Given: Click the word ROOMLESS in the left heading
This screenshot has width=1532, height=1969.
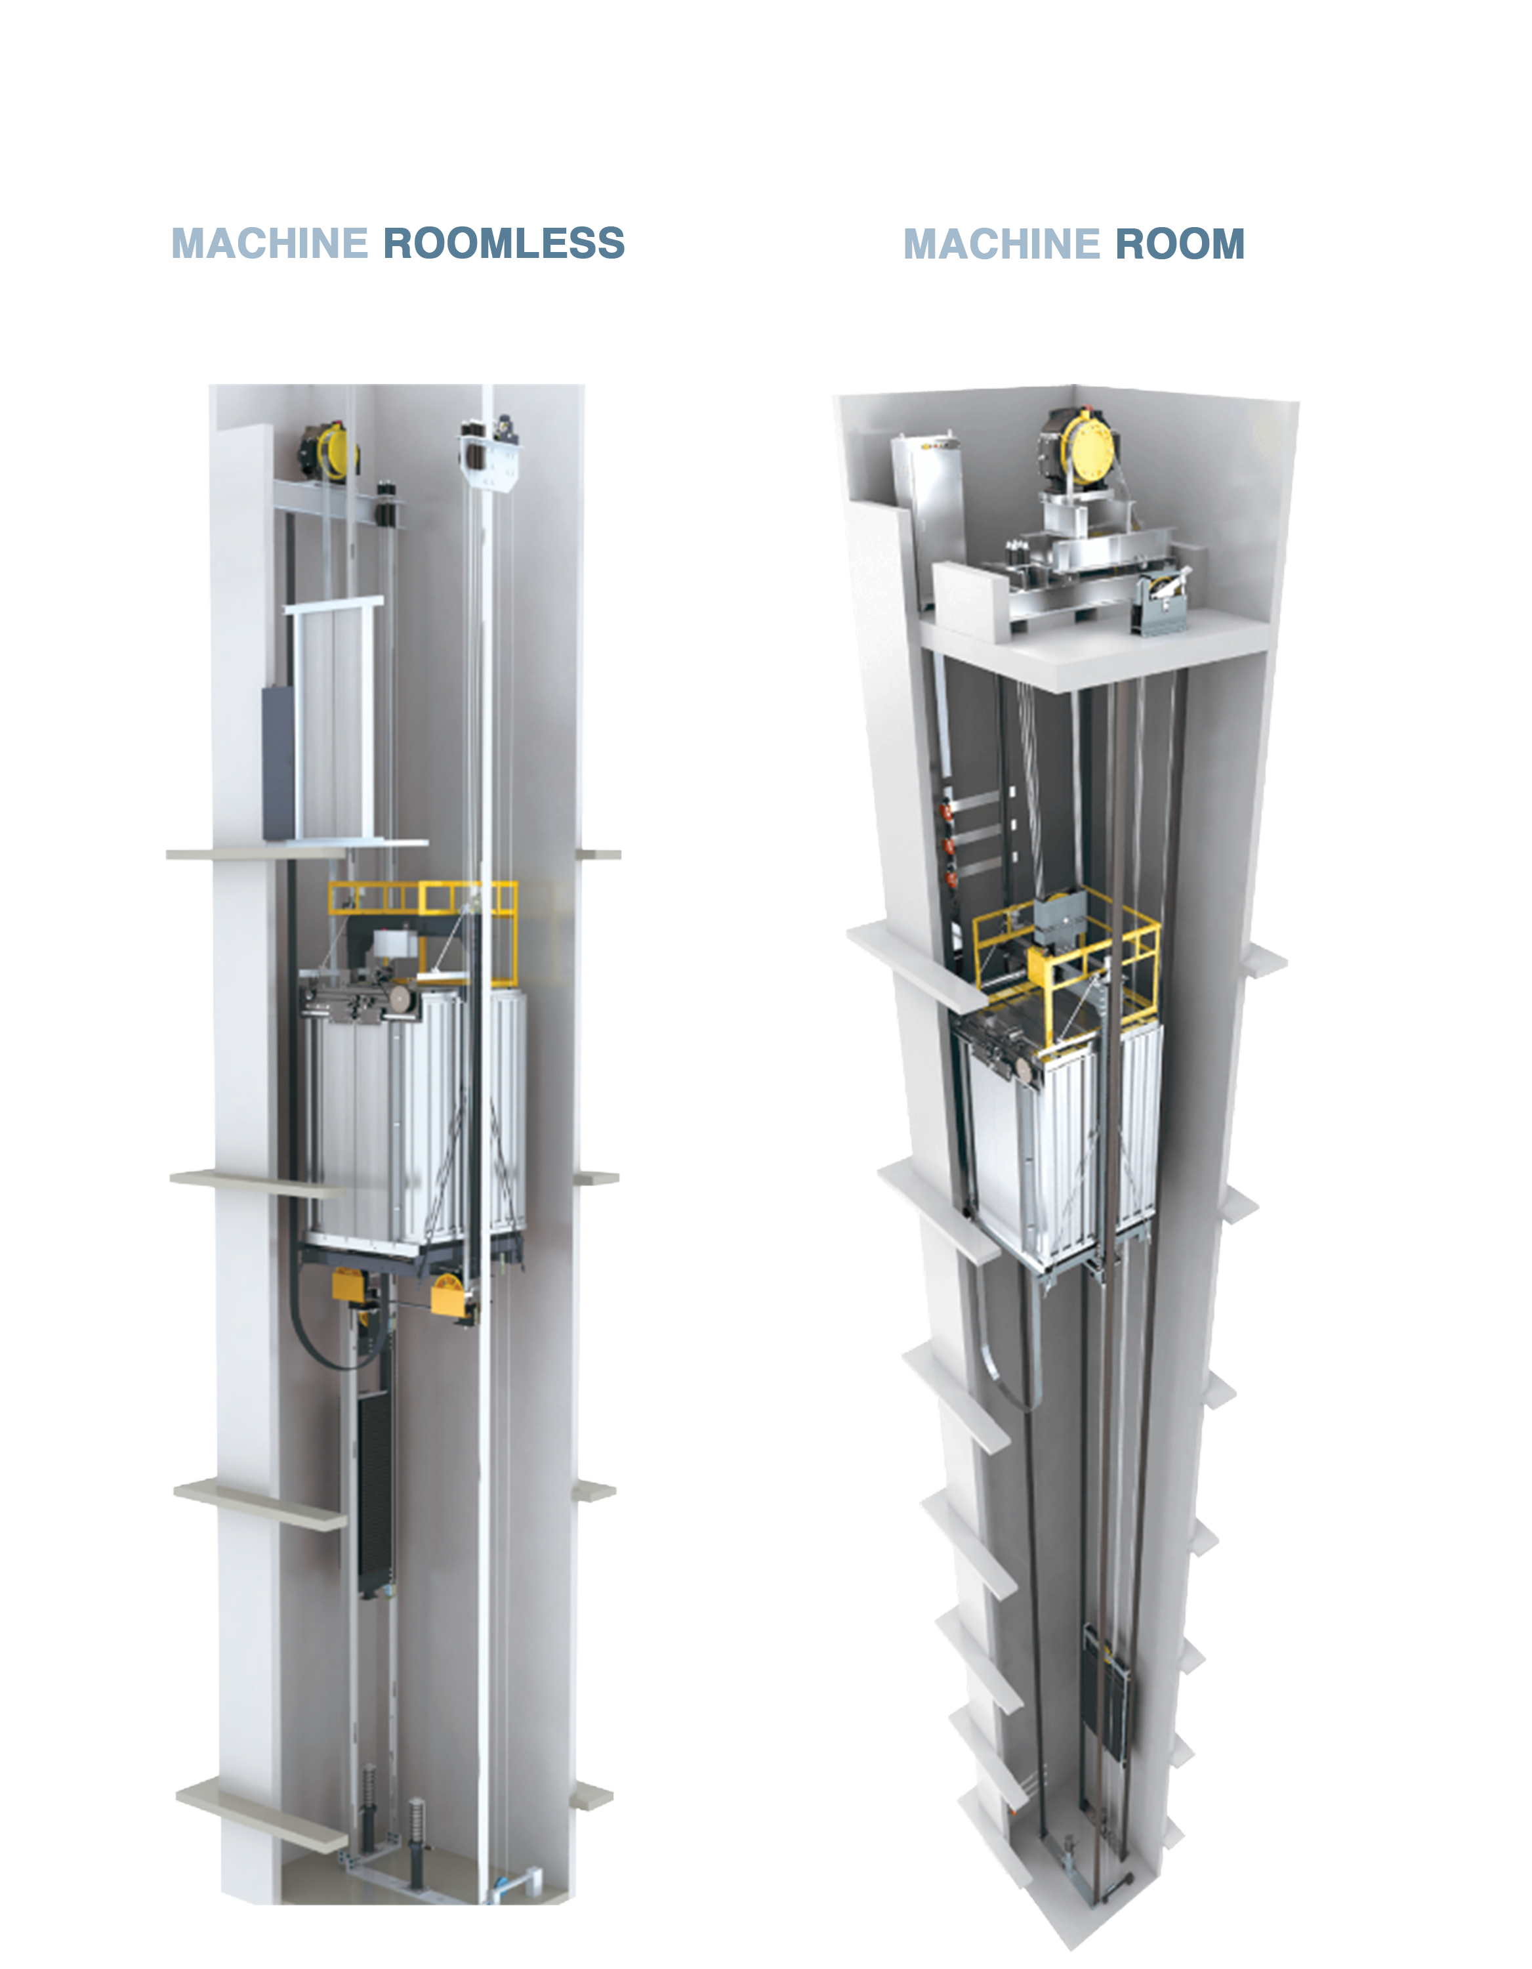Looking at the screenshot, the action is (504, 243).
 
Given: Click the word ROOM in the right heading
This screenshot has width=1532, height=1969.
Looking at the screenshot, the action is (1180, 244).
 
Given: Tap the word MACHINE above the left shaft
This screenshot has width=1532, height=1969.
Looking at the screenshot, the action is (270, 243).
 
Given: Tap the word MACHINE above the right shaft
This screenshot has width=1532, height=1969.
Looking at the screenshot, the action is (1001, 244).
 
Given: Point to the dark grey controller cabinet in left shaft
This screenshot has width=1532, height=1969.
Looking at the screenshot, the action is (278, 763).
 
